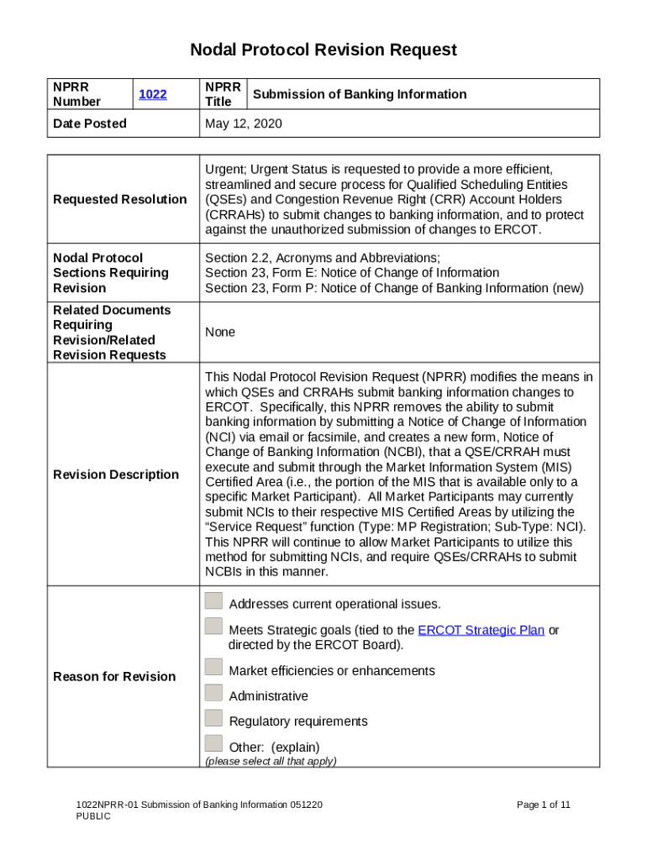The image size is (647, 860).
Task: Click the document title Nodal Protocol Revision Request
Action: pos(323,50)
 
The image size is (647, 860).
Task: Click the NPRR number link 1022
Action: pos(152,95)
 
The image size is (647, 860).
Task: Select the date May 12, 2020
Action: pos(244,123)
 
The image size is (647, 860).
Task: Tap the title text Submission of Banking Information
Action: pos(360,94)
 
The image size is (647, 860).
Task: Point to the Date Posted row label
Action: pos(90,123)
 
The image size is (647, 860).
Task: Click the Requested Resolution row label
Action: pos(119,199)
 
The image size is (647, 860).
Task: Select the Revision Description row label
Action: pos(115,475)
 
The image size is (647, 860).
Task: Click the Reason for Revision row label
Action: pos(114,676)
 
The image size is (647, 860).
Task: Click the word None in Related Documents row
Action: pos(220,333)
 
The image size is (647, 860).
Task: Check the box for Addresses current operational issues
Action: pos(214,601)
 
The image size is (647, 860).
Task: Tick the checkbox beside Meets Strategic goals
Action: pos(214,627)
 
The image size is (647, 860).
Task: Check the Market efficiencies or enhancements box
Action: pos(214,668)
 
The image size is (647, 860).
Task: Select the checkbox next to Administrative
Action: pos(214,693)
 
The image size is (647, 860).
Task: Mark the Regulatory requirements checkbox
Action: pos(214,718)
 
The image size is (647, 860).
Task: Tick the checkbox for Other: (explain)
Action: pos(214,743)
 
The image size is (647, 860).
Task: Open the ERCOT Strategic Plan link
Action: pos(481,630)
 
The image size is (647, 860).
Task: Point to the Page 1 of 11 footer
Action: pos(544,805)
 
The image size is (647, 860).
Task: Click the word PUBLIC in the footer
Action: pos(92,816)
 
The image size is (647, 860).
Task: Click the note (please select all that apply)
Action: pos(271,761)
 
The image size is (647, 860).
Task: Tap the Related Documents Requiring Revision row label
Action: pos(112,333)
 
